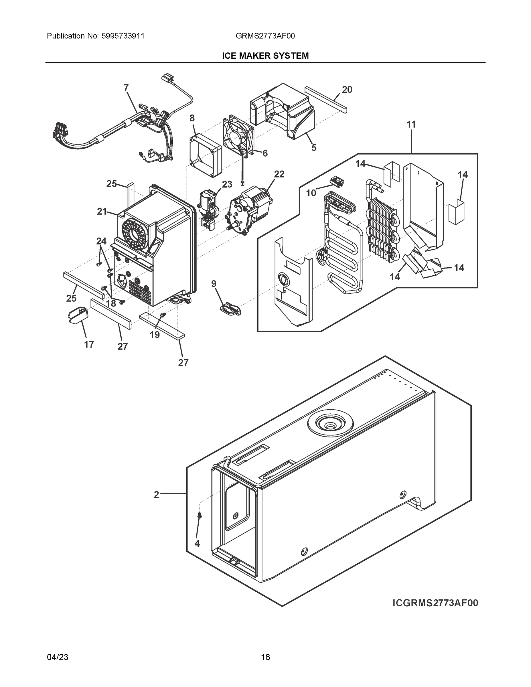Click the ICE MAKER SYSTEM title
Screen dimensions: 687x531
(265, 56)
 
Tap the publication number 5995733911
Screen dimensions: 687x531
(123, 36)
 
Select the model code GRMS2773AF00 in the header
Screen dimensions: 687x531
(265, 36)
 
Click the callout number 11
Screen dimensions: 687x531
(411, 125)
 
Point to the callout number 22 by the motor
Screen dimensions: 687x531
(279, 174)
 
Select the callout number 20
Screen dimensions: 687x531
(347, 90)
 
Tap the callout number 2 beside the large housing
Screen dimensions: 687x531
(156, 495)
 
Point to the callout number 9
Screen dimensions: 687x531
(214, 284)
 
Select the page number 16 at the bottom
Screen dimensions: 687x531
(265, 657)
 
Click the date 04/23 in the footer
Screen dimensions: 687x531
(58, 657)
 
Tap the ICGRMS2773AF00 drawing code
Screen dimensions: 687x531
(435, 603)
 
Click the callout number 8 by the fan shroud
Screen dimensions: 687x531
(192, 118)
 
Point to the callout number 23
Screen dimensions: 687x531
(227, 184)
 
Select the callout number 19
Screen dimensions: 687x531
(155, 335)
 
